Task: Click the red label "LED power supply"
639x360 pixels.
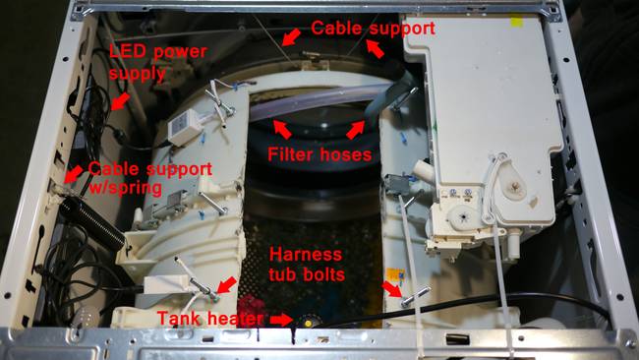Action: [x=158, y=62]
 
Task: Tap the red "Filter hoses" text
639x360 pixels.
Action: [x=319, y=154]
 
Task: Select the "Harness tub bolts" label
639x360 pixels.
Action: [x=307, y=265]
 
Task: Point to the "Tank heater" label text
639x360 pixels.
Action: [x=210, y=318]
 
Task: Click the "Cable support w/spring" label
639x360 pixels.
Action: [x=150, y=178]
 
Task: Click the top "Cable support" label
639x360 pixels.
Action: [x=373, y=29]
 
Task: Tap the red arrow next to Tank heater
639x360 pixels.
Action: [x=281, y=320]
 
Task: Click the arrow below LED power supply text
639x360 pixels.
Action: [x=121, y=101]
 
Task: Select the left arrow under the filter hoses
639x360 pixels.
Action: [x=282, y=129]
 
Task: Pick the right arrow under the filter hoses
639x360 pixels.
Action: [x=355, y=130]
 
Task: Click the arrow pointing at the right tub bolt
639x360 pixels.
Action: [x=391, y=289]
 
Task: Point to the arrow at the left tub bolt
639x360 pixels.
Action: [x=226, y=285]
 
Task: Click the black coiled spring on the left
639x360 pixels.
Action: [x=92, y=222]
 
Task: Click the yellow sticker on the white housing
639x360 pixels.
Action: [x=517, y=22]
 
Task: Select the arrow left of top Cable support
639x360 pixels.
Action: [x=291, y=36]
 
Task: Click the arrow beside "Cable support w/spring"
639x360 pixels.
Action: [x=74, y=174]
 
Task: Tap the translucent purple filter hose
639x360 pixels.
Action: [x=318, y=102]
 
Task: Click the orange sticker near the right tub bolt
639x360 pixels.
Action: [x=395, y=275]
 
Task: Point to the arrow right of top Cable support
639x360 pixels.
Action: [x=375, y=49]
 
